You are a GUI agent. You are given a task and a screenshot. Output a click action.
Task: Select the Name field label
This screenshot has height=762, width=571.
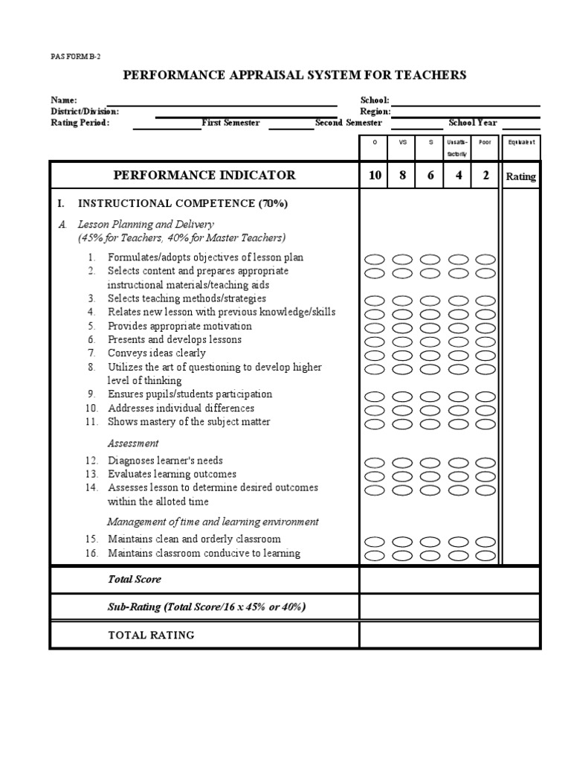[63, 100]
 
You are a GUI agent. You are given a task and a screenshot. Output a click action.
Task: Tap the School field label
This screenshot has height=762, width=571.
[375, 100]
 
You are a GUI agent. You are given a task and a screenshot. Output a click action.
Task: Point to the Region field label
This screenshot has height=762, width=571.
[375, 111]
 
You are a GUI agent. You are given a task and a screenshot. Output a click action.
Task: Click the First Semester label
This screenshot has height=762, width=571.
[230, 123]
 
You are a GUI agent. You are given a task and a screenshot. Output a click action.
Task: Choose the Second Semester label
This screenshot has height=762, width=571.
[348, 123]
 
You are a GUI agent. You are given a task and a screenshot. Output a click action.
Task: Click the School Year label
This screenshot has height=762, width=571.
[473, 123]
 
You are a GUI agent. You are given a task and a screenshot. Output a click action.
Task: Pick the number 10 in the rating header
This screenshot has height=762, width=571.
[375, 176]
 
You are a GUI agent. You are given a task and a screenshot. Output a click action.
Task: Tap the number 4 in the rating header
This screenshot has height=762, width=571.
[458, 176]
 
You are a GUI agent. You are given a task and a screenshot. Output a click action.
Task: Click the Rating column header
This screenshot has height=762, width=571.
[520, 176]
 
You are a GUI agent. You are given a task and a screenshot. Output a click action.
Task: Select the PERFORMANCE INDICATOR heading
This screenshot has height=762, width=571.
[204, 176]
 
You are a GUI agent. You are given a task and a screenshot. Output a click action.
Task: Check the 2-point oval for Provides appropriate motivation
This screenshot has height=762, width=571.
[485, 327]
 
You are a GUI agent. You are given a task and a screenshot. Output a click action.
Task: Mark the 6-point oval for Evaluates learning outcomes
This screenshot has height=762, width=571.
[430, 476]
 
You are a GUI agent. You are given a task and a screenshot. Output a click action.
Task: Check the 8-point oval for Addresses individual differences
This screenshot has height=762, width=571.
[403, 410]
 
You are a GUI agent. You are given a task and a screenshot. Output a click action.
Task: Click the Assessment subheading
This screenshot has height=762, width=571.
[133, 444]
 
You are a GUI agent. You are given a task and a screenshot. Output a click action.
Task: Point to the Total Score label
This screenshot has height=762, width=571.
[134, 579]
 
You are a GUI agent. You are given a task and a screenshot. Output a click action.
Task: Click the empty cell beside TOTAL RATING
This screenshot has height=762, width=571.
[450, 635]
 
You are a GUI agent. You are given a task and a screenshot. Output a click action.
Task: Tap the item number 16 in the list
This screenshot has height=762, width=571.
[91, 553]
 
